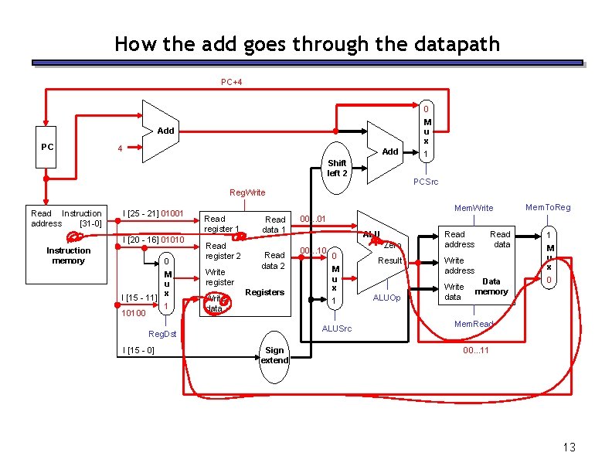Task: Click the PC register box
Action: click(47, 147)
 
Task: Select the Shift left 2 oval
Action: click(337, 168)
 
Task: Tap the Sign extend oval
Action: click(274, 356)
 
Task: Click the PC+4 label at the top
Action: click(231, 81)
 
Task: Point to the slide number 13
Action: click(569, 447)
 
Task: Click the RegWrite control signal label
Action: click(247, 192)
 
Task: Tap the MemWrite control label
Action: click(474, 208)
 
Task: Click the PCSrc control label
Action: click(426, 182)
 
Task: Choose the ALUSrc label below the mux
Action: click(336, 328)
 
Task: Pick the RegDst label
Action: click(162, 334)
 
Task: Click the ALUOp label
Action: click(386, 298)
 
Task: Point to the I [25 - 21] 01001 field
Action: click(153, 213)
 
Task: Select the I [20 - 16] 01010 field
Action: click(153, 240)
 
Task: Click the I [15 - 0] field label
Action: click(138, 351)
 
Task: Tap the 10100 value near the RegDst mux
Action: click(134, 313)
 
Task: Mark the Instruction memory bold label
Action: click(68, 256)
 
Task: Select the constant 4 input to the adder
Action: click(119, 148)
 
